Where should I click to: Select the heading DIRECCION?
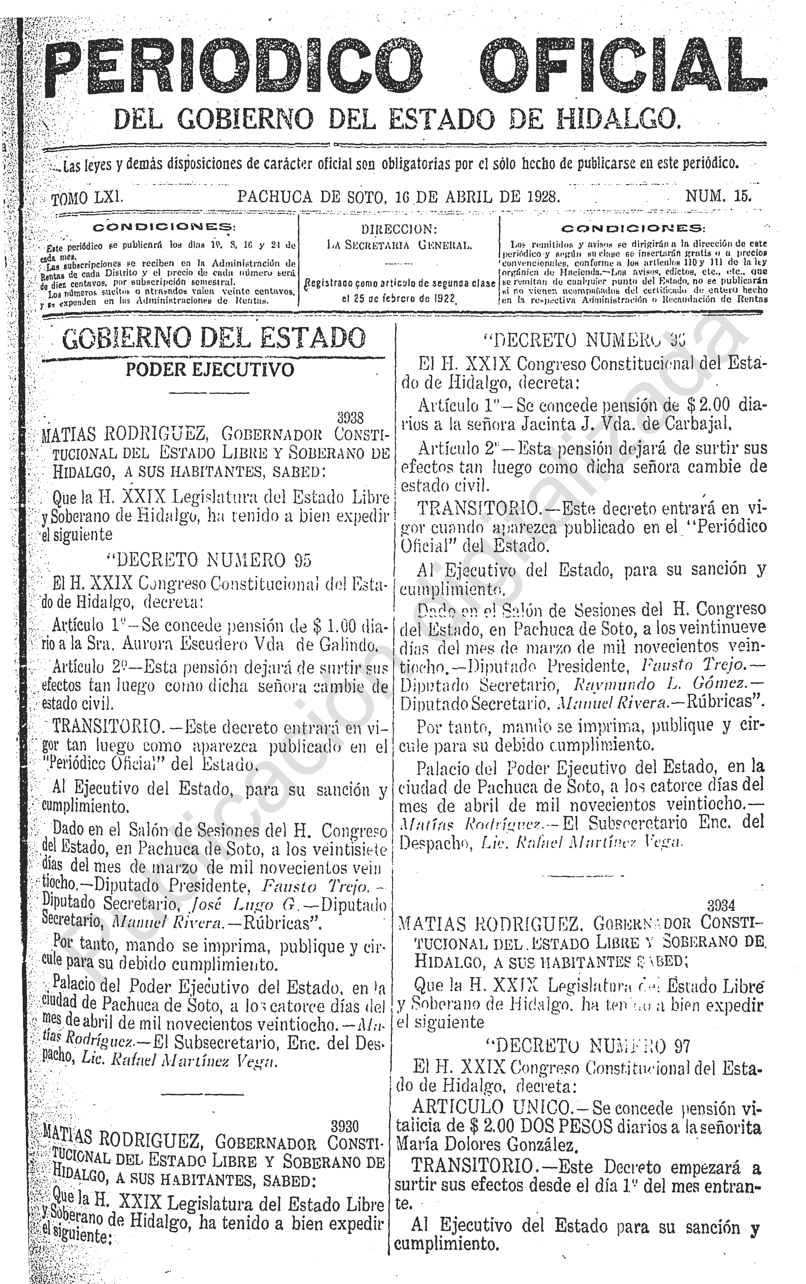pyautogui.click(x=399, y=229)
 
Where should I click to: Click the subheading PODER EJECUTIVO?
pyautogui.click(x=210, y=370)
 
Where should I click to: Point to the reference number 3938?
pyautogui.click(x=350, y=417)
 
